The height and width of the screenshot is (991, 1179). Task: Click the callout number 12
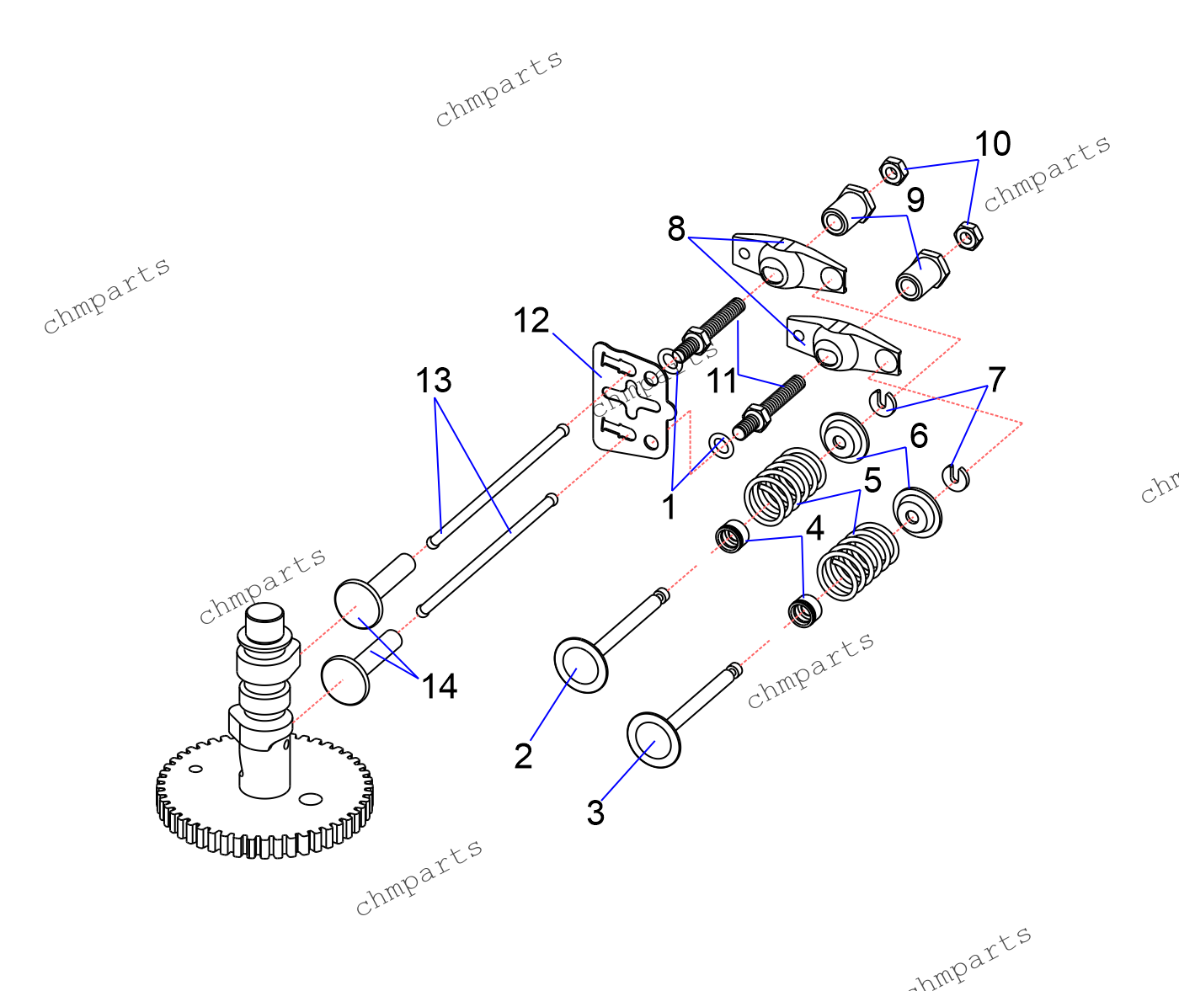coord(531,321)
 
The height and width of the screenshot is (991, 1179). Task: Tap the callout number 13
coord(434,381)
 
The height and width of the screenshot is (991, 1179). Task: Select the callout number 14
coord(439,686)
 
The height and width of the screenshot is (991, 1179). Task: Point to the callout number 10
coord(993,144)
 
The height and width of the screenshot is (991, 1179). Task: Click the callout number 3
coord(595,813)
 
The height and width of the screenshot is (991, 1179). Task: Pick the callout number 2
coord(523,756)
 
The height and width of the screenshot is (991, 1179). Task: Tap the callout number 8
coord(676,228)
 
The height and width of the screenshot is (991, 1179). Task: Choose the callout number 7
coord(997,380)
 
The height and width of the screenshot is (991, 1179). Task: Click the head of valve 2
coord(580,665)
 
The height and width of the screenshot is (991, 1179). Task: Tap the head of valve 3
coord(654,739)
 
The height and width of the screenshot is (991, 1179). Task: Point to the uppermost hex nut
coord(893,171)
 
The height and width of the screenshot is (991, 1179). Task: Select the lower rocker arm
coord(842,345)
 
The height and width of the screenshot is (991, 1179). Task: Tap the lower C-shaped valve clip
coord(957,477)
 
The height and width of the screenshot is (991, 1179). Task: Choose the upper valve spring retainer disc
coord(844,437)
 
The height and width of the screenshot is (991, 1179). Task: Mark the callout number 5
coord(872,481)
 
